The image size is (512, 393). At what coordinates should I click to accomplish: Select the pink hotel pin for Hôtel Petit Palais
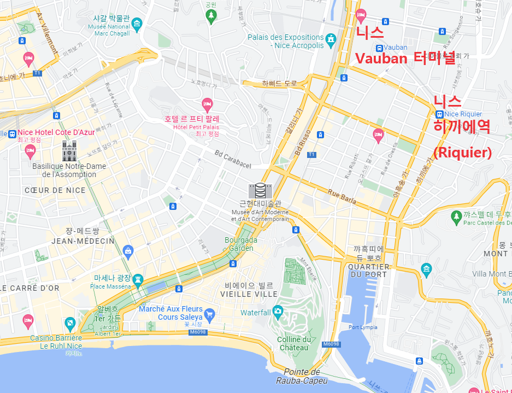coord(207,103)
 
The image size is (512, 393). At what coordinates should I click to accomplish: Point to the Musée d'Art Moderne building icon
coord(260,191)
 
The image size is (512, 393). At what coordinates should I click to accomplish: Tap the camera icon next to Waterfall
coord(278,312)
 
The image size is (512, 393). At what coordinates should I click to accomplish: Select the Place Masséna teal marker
coord(138,279)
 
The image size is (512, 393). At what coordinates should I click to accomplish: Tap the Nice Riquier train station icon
coord(439,114)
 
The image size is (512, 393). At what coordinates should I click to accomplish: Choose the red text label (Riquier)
coord(462,152)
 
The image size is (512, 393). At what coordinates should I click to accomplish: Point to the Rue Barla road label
coord(342,197)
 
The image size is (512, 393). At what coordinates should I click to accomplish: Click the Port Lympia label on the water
coord(361,327)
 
